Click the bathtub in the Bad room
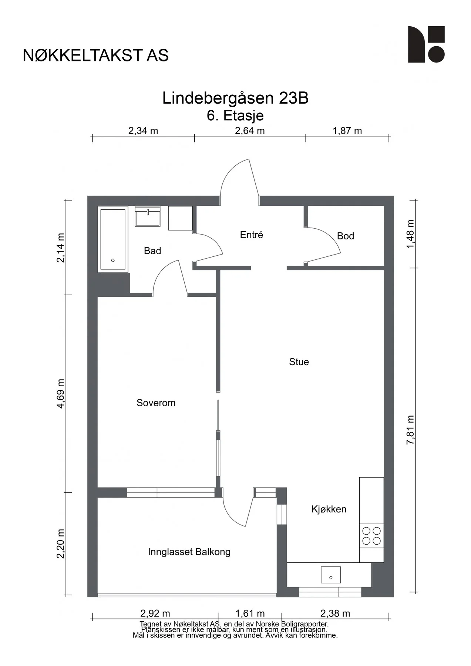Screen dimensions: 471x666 (113, 239)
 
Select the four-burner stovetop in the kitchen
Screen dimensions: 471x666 (371, 536)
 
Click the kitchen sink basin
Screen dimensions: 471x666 (331, 575)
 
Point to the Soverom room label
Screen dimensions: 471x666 (156, 403)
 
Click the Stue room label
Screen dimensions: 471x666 (299, 361)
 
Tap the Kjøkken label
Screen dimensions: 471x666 (329, 509)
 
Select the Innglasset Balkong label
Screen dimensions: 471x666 (189, 552)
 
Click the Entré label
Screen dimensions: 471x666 (252, 235)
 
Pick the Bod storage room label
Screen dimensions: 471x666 (346, 236)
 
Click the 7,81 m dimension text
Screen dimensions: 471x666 (410, 430)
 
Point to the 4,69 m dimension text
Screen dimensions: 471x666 (61, 394)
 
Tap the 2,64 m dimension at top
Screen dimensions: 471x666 (250, 131)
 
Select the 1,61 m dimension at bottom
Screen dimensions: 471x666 (250, 613)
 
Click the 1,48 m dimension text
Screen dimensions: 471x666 (410, 234)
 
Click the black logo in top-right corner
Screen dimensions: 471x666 (426, 44)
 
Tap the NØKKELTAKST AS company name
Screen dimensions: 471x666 (95, 55)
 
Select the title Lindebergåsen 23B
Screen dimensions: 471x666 (235, 98)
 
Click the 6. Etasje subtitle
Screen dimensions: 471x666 (235, 115)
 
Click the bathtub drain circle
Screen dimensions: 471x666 (113, 260)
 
